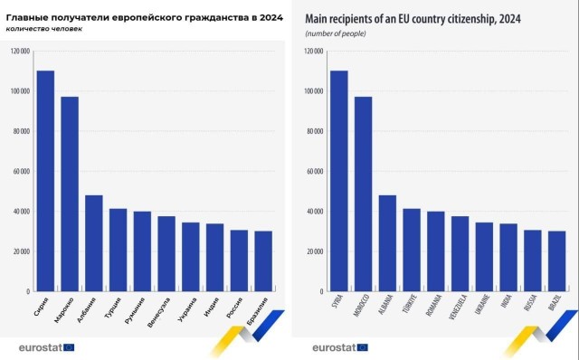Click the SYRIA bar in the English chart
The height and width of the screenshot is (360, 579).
[338, 181]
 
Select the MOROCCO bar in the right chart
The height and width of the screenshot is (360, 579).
[363, 194]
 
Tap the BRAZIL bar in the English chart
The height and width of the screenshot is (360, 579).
[556, 261]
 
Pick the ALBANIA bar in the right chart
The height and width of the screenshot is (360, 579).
[387, 243]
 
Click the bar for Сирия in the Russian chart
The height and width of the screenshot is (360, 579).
[45, 181]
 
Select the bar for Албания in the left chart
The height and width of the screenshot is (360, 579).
[94, 243]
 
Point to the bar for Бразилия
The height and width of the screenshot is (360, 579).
[262, 261]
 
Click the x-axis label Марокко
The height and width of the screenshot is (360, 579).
[63, 311]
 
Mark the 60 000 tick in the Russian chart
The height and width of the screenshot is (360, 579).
[21, 172]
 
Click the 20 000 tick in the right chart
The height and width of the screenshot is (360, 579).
[314, 251]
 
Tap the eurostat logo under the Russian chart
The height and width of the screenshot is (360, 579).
[47, 346]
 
